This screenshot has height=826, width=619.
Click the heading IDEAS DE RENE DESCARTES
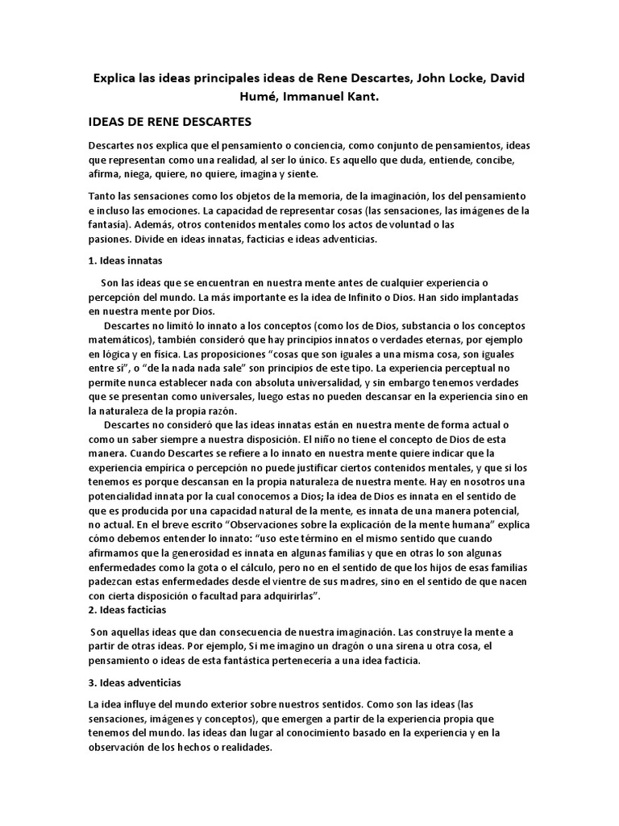[x=170, y=123]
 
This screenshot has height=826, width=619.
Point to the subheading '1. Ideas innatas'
[x=127, y=261]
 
